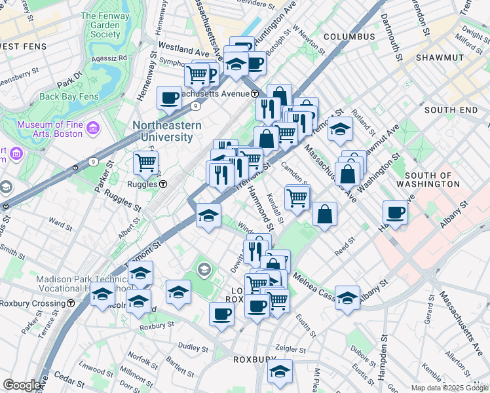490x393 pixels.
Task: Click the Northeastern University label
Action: tap(162, 131)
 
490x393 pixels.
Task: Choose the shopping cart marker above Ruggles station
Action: tap(145, 161)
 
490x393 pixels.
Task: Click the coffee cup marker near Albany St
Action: tap(396, 212)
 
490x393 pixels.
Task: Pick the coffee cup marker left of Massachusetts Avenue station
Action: tap(169, 98)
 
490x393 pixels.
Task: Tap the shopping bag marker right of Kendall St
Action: tap(325, 214)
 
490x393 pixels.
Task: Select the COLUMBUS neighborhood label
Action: tap(349, 37)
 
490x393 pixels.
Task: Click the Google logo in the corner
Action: tap(22, 385)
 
